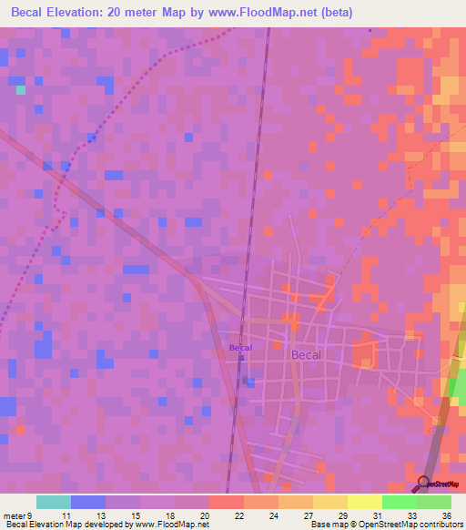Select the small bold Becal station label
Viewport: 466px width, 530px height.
(x=240, y=347)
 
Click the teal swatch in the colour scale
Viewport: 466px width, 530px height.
(x=53, y=502)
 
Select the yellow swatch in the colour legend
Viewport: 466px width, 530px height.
(x=364, y=502)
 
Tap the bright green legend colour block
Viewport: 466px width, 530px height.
(x=399, y=502)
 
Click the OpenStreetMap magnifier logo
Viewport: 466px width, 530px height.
(x=423, y=484)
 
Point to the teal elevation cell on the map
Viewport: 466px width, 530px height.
(x=20, y=89)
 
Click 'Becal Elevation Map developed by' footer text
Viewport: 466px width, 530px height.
(x=65, y=525)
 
